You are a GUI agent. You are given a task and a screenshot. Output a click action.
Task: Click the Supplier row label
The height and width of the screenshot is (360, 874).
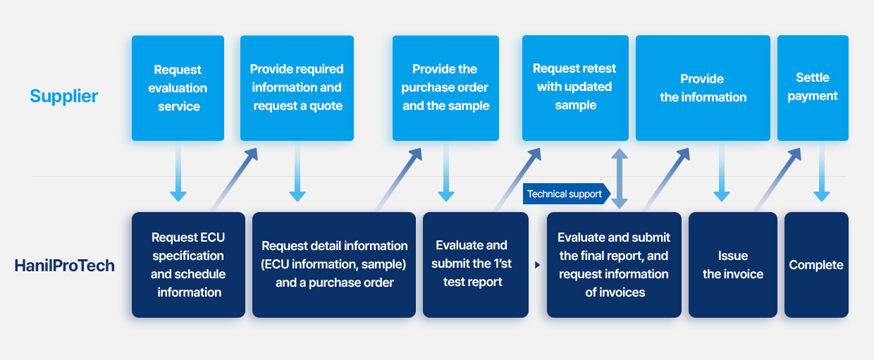click(x=63, y=97)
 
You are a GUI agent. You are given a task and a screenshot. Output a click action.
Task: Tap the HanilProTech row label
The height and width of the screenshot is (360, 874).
click(x=64, y=266)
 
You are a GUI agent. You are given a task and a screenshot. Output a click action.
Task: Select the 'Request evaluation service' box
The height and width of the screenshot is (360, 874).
click(x=178, y=88)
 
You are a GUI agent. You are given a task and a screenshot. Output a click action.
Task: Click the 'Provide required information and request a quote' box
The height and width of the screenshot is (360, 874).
click(x=297, y=88)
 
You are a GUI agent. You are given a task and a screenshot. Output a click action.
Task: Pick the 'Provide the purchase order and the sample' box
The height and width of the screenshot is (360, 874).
click(x=445, y=88)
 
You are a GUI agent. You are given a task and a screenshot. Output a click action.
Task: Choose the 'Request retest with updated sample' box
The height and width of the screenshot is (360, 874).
click(x=575, y=88)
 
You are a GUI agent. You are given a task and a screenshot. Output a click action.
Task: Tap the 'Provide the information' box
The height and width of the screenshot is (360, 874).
click(x=703, y=88)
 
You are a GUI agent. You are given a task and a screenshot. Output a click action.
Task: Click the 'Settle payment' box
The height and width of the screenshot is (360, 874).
click(x=813, y=88)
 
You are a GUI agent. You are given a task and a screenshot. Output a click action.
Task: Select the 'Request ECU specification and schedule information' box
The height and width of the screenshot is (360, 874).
click(x=188, y=265)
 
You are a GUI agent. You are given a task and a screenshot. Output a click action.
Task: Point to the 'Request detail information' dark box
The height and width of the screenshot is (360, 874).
click(x=334, y=265)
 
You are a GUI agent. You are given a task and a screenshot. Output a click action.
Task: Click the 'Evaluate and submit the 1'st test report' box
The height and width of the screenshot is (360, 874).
click(x=476, y=265)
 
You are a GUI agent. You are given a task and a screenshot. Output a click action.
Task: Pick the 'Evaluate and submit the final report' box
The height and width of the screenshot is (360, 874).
click(x=614, y=265)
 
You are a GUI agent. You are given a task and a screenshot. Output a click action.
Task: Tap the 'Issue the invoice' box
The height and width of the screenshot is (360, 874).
click(x=733, y=265)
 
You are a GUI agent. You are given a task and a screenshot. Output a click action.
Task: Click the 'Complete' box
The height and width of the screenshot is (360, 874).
click(x=816, y=265)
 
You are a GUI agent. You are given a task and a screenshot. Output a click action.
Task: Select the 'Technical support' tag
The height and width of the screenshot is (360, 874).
click(x=567, y=194)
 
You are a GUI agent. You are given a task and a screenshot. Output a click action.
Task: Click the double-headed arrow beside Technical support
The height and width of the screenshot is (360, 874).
click(x=620, y=179)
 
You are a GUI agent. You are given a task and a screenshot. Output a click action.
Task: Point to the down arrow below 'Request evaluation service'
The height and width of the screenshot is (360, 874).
click(x=178, y=172)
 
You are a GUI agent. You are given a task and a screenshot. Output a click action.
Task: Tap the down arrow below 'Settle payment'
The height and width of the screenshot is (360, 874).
click(x=822, y=172)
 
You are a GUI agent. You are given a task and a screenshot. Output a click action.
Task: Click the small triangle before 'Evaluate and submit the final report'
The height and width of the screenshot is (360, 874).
click(x=537, y=265)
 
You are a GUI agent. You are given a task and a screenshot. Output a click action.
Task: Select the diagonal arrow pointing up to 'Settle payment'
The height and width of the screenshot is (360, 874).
click(x=777, y=180)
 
